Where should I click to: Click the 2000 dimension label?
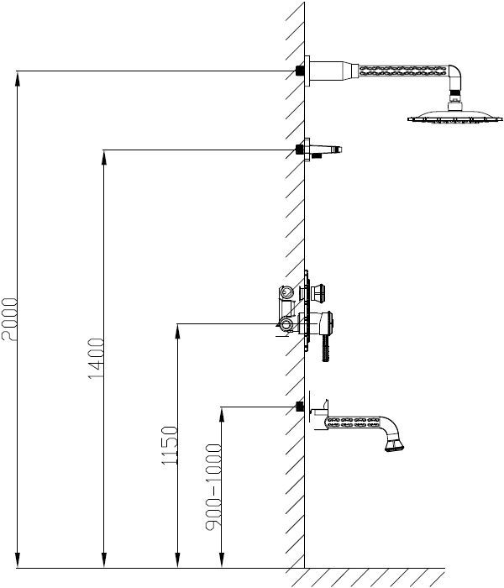pyautogui.click(x=9, y=319)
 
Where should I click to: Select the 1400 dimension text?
pyautogui.click(x=97, y=359)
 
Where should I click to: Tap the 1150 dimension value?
pyautogui.click(x=170, y=446)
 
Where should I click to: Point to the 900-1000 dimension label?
pyautogui.click(x=213, y=487)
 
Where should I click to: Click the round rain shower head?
pyautogui.click(x=455, y=117)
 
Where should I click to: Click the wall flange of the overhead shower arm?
pyautogui.click(x=307, y=71)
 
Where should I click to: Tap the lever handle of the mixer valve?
pyautogui.click(x=326, y=347)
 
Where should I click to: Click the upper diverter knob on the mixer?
pyautogui.click(x=318, y=292)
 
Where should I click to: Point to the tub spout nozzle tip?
pyautogui.click(x=395, y=445)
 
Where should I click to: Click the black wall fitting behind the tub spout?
pyautogui.click(x=299, y=407)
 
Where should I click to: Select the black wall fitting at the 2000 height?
pyautogui.click(x=299, y=71)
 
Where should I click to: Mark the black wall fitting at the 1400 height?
pyautogui.click(x=299, y=150)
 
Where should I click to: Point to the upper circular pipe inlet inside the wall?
pyautogui.click(x=286, y=291)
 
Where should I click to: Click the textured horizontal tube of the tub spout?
pyautogui.click(x=354, y=422)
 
